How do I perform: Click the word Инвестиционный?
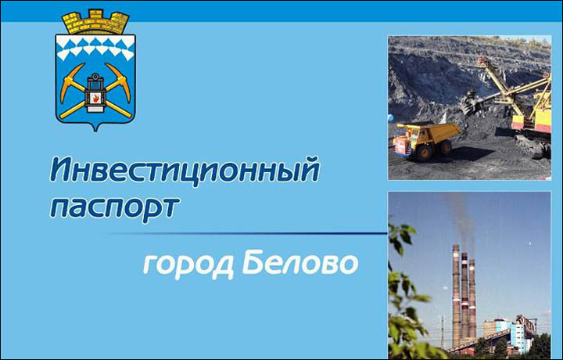185,171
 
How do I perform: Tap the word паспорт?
114,208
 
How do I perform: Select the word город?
188,266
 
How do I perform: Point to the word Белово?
300,263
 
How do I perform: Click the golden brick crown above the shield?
95,22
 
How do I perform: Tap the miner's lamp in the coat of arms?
95,92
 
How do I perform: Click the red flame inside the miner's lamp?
95,98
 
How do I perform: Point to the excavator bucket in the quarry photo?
472,103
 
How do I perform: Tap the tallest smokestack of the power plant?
456,295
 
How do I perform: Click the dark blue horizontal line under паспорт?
249,233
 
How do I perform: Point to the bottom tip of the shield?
95,131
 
